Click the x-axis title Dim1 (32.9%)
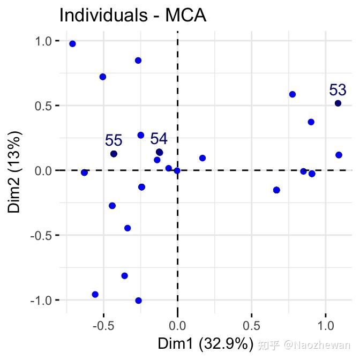point(204,343)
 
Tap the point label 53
point(337,89)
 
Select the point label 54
point(159,139)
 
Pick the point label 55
point(114,140)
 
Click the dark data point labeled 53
point(338,103)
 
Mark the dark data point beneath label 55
point(114,154)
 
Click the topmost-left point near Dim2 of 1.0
point(72,44)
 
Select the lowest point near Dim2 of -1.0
point(138,301)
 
